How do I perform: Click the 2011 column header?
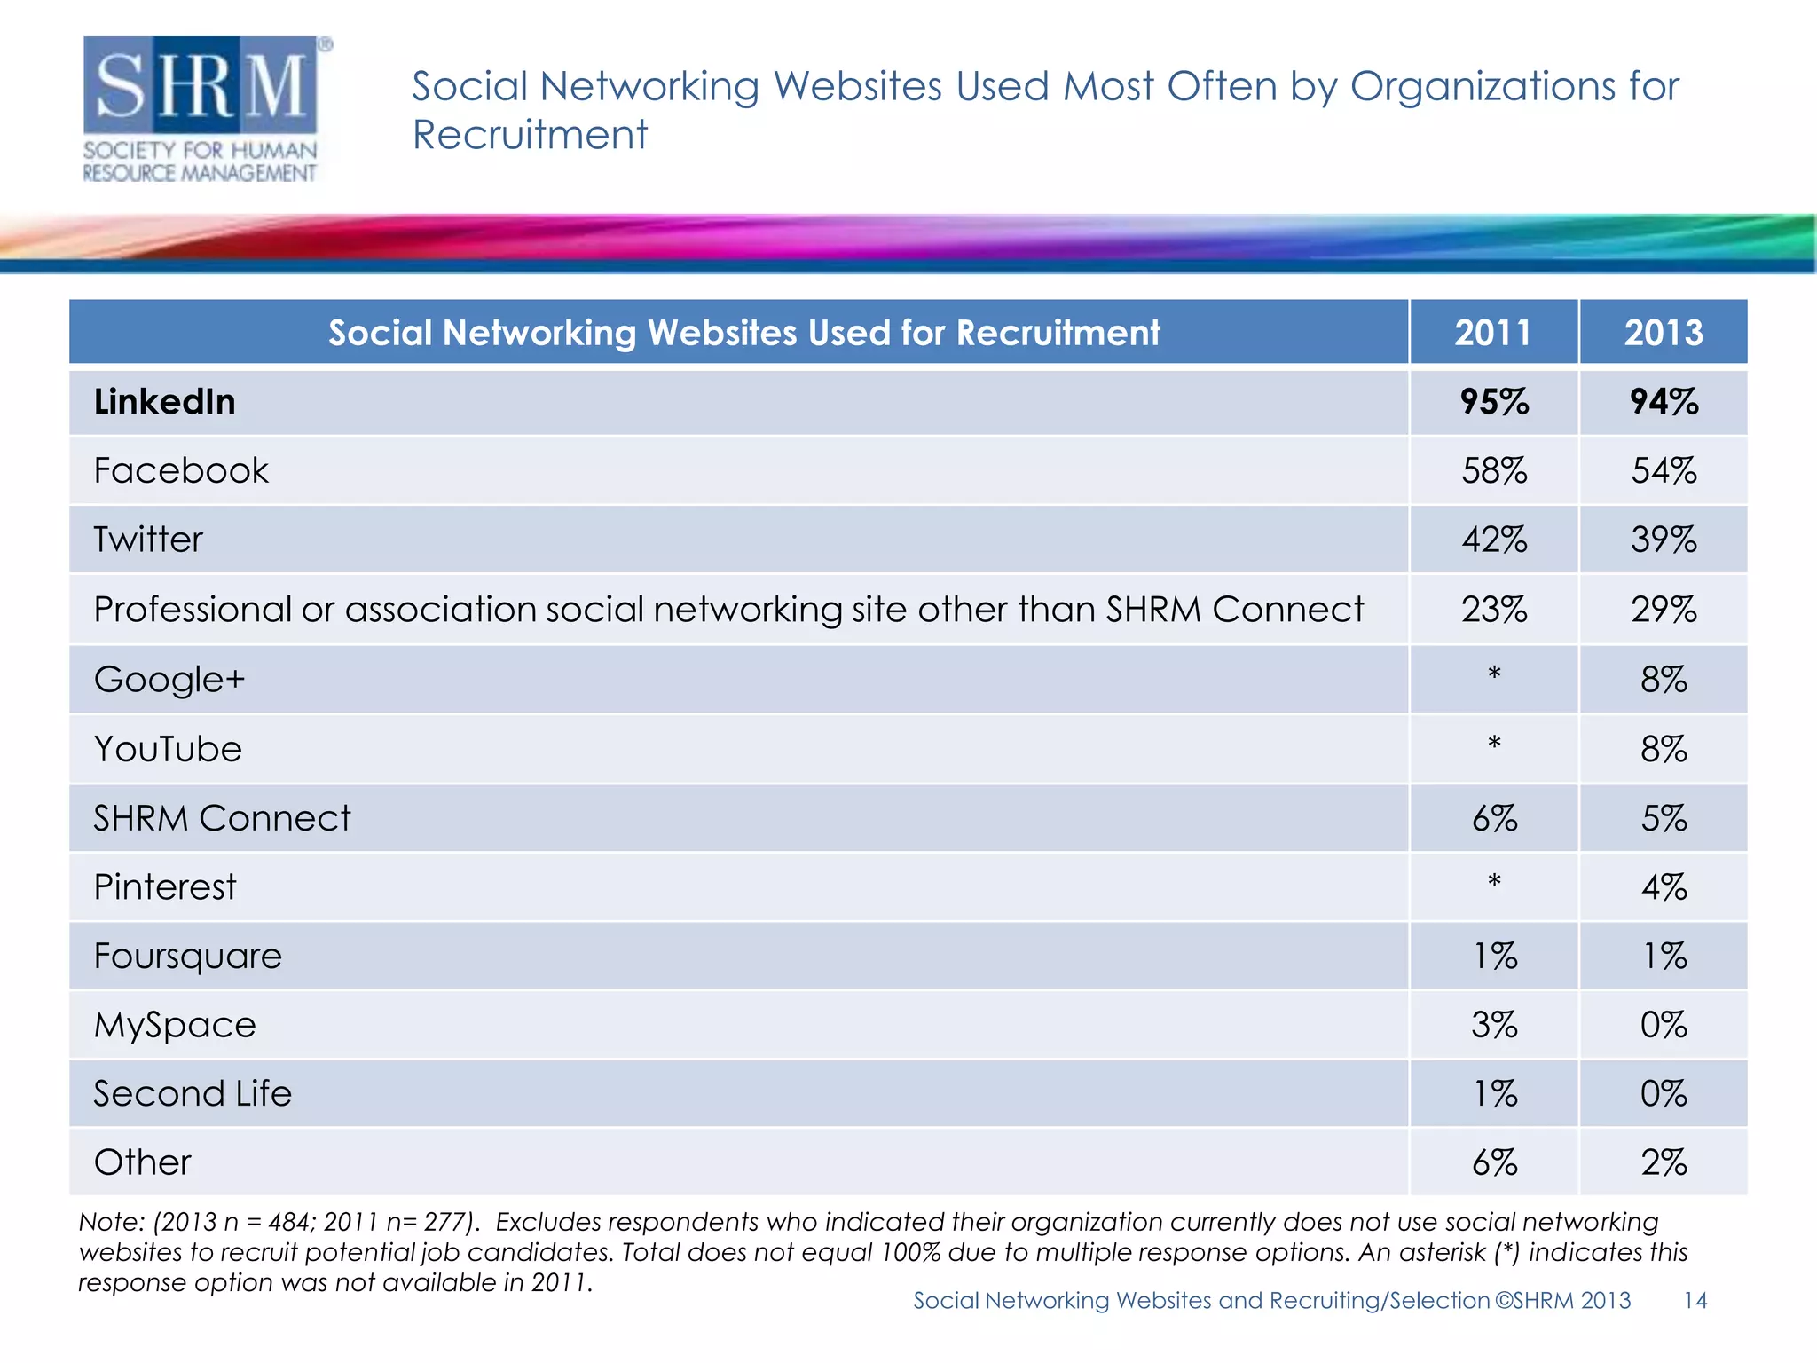[1493, 333]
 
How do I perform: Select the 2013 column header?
[1664, 333]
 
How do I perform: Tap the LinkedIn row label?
[165, 402]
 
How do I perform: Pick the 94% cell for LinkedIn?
[1664, 402]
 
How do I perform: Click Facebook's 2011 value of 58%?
[1494, 470]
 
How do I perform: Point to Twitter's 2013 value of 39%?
[1664, 540]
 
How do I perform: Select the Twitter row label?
[148, 540]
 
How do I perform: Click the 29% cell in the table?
[1664, 610]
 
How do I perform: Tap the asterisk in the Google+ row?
[1494, 675]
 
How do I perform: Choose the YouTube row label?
[168, 749]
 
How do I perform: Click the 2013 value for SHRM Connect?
[1664, 818]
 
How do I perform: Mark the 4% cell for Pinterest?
[1664, 887]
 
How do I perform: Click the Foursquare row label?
[188, 956]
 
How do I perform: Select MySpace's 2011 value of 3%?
[1494, 1025]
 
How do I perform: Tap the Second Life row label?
[193, 1093]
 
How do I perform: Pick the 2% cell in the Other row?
[1664, 1162]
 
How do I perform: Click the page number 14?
[1695, 1300]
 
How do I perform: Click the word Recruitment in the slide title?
[530, 135]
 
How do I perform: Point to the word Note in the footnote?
[111, 1222]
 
